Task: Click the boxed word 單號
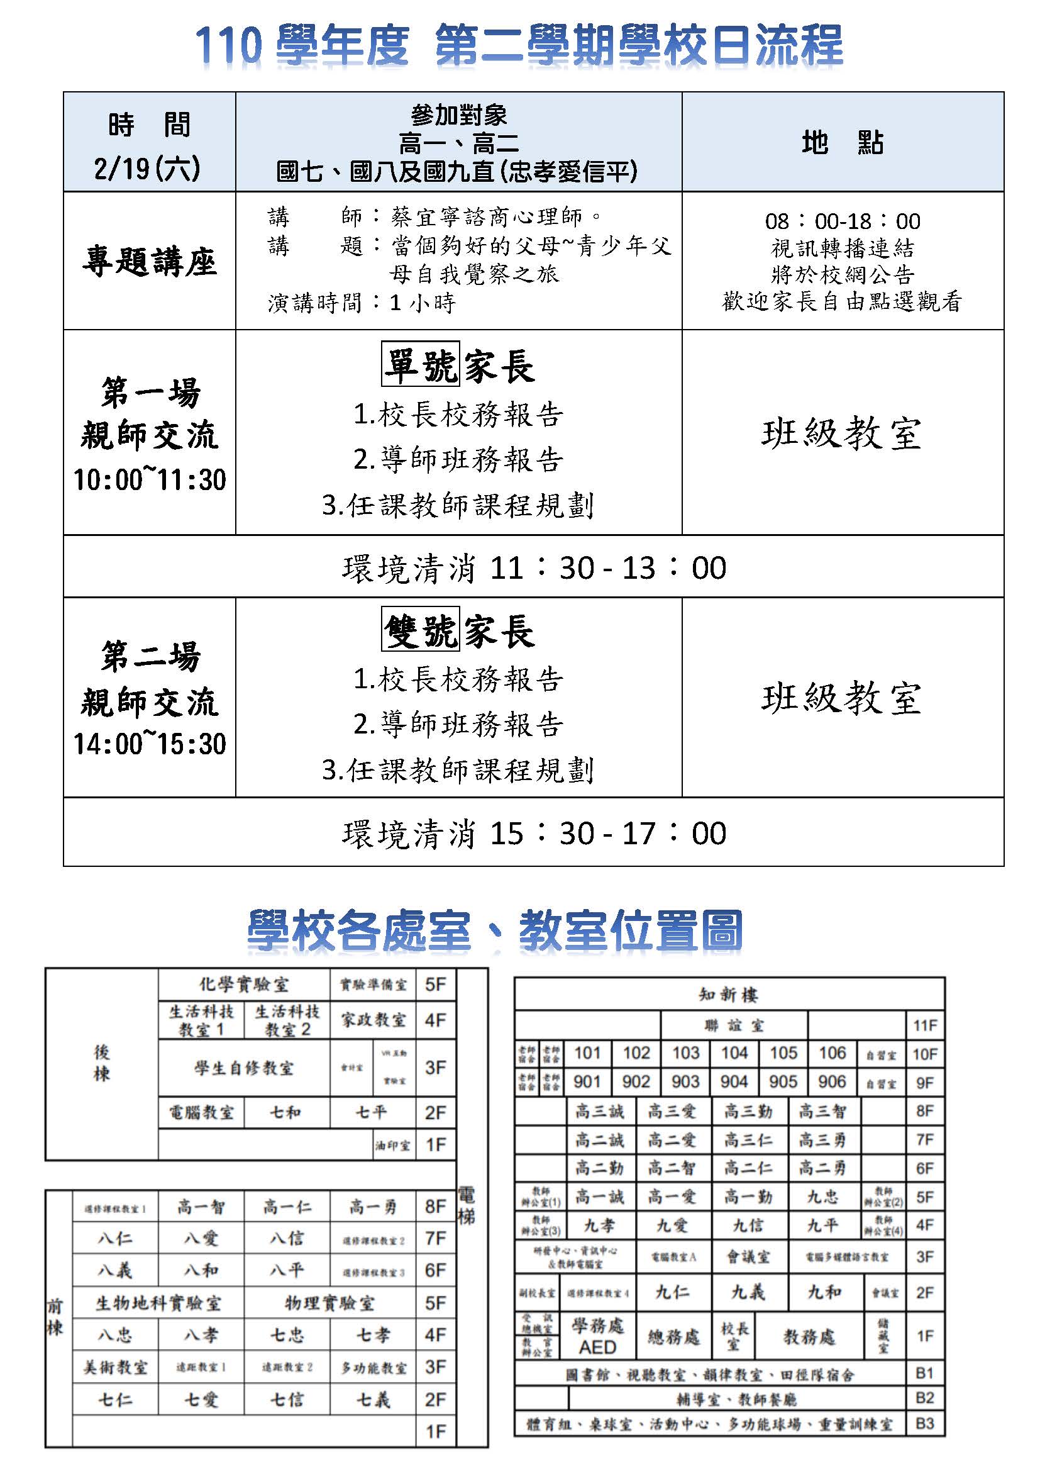(x=420, y=364)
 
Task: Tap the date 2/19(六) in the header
(x=148, y=169)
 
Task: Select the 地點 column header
(x=843, y=142)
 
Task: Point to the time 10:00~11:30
(x=150, y=480)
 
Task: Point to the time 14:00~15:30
(x=150, y=744)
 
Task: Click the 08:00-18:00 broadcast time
(x=843, y=221)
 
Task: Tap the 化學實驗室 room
(x=243, y=985)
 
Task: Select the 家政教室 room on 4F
(x=373, y=1020)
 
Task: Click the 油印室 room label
(x=392, y=1146)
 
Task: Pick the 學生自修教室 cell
(x=243, y=1068)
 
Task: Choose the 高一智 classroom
(x=201, y=1207)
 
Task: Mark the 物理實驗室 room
(x=329, y=1303)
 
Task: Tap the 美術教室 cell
(x=115, y=1367)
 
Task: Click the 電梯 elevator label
(x=465, y=1206)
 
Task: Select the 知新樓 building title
(x=728, y=995)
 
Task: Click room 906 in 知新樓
(x=831, y=1081)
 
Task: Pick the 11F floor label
(x=924, y=1025)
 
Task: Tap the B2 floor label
(x=924, y=1398)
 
